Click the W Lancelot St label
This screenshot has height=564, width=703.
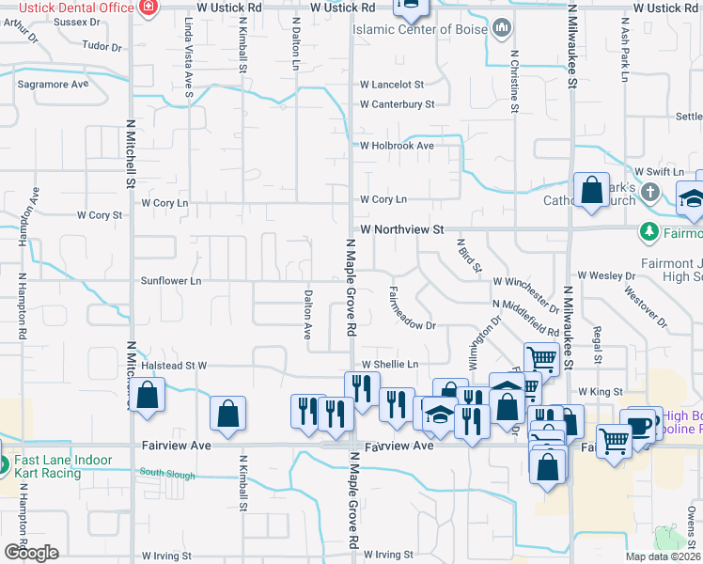point(392,85)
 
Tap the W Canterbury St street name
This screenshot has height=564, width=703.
point(398,104)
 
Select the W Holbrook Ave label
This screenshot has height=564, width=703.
point(397,146)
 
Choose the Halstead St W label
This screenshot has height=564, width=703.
point(173,365)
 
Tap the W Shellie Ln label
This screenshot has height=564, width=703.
point(389,364)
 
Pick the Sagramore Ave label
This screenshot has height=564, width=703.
point(53,84)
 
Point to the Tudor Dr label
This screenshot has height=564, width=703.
point(102,45)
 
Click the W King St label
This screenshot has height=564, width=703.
point(601,391)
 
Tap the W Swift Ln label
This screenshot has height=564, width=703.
point(659,171)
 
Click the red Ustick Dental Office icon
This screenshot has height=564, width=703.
point(147,8)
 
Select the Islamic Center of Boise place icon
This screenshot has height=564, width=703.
point(501,30)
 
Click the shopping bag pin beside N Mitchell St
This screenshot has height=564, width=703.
point(148,396)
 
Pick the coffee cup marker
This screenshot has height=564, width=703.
point(642,424)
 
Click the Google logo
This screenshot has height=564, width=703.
point(31,553)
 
